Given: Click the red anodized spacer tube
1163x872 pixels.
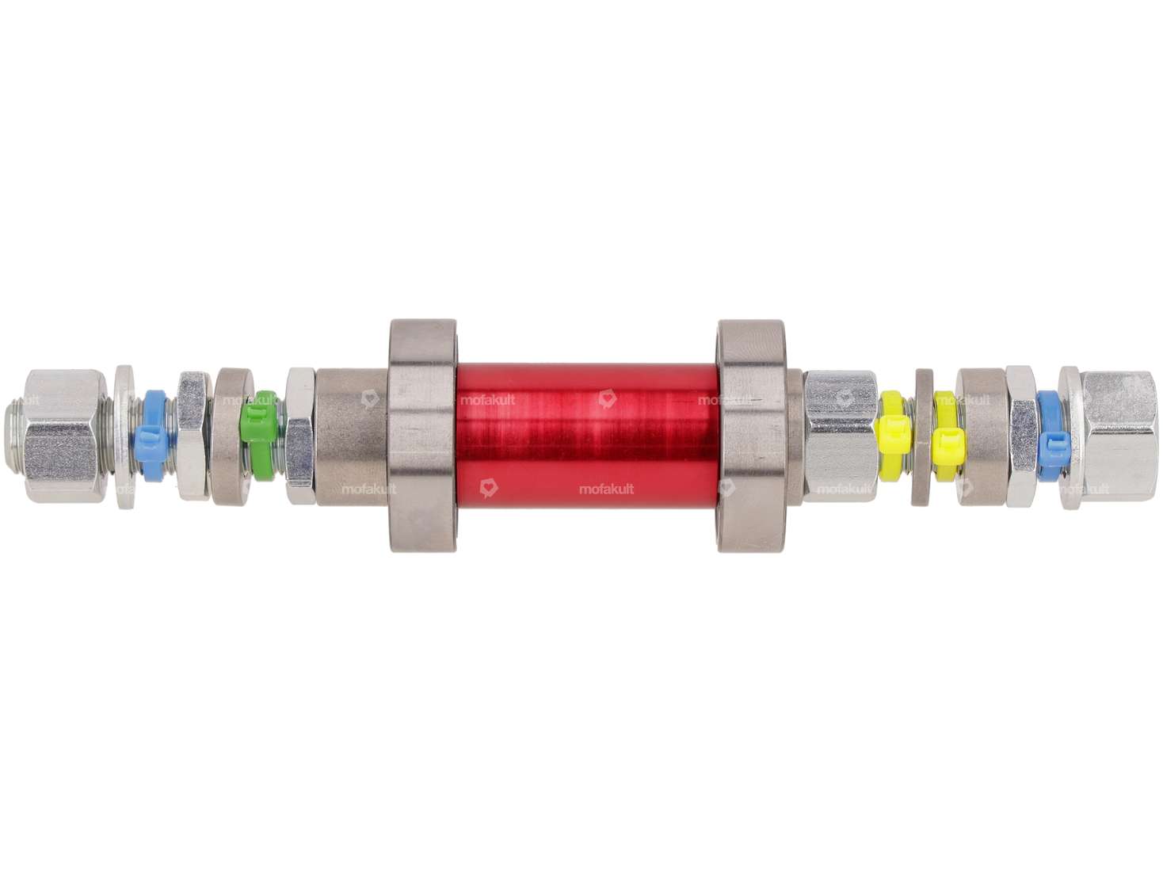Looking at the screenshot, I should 586,436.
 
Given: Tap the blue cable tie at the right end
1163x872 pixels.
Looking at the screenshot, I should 1051,436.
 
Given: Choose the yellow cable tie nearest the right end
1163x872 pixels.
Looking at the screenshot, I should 946,436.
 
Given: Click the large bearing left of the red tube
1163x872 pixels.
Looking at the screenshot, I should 422,436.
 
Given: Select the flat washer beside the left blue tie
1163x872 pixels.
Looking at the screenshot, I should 125,436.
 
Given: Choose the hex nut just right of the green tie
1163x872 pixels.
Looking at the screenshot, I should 299,436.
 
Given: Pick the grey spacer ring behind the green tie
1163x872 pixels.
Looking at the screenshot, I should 230,436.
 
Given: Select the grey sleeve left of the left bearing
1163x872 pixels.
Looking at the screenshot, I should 353,436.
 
